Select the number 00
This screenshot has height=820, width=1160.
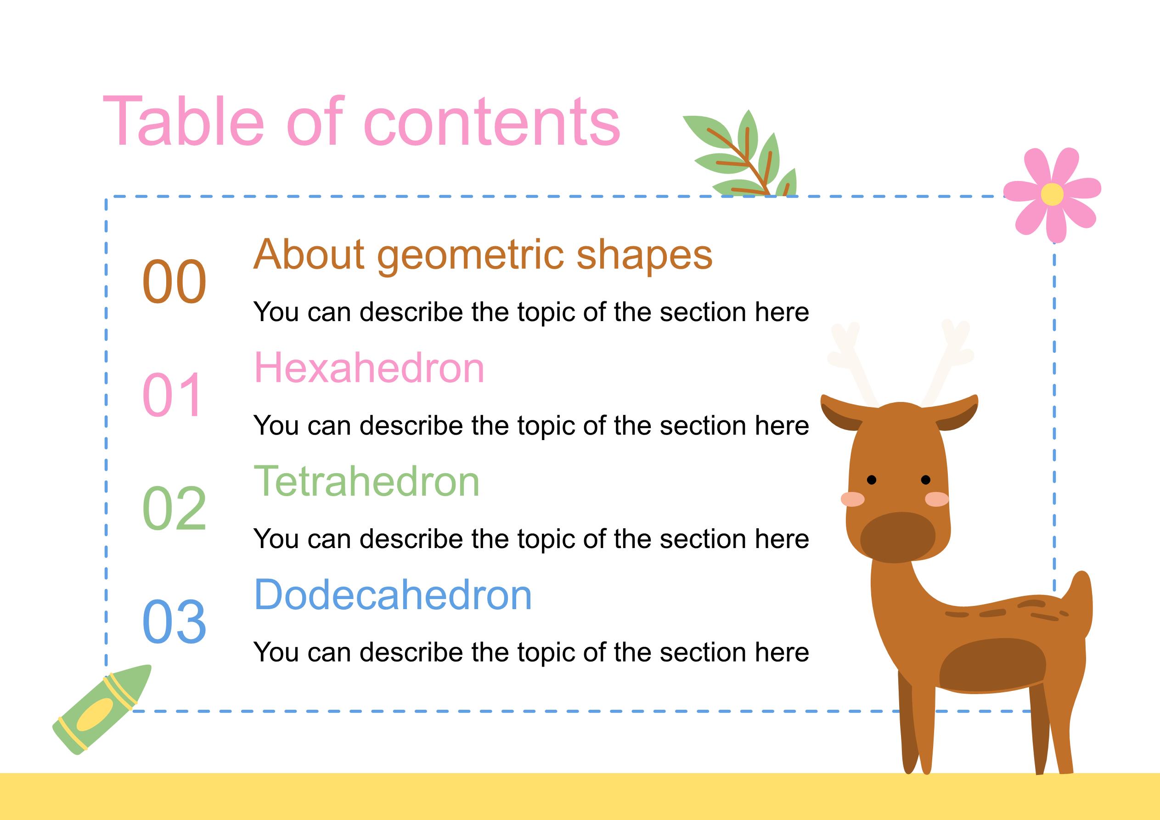click(175, 282)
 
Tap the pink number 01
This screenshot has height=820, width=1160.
click(173, 394)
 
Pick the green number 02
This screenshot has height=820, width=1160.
click(175, 508)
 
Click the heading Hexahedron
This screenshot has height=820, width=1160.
click(369, 368)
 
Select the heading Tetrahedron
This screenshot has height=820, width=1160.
click(366, 481)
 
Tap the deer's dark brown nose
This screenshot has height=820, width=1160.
click(898, 537)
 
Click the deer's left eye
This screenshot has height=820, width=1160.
click(872, 479)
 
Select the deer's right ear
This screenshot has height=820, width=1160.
click(958, 412)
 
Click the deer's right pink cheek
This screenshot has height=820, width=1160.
click(937, 499)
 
